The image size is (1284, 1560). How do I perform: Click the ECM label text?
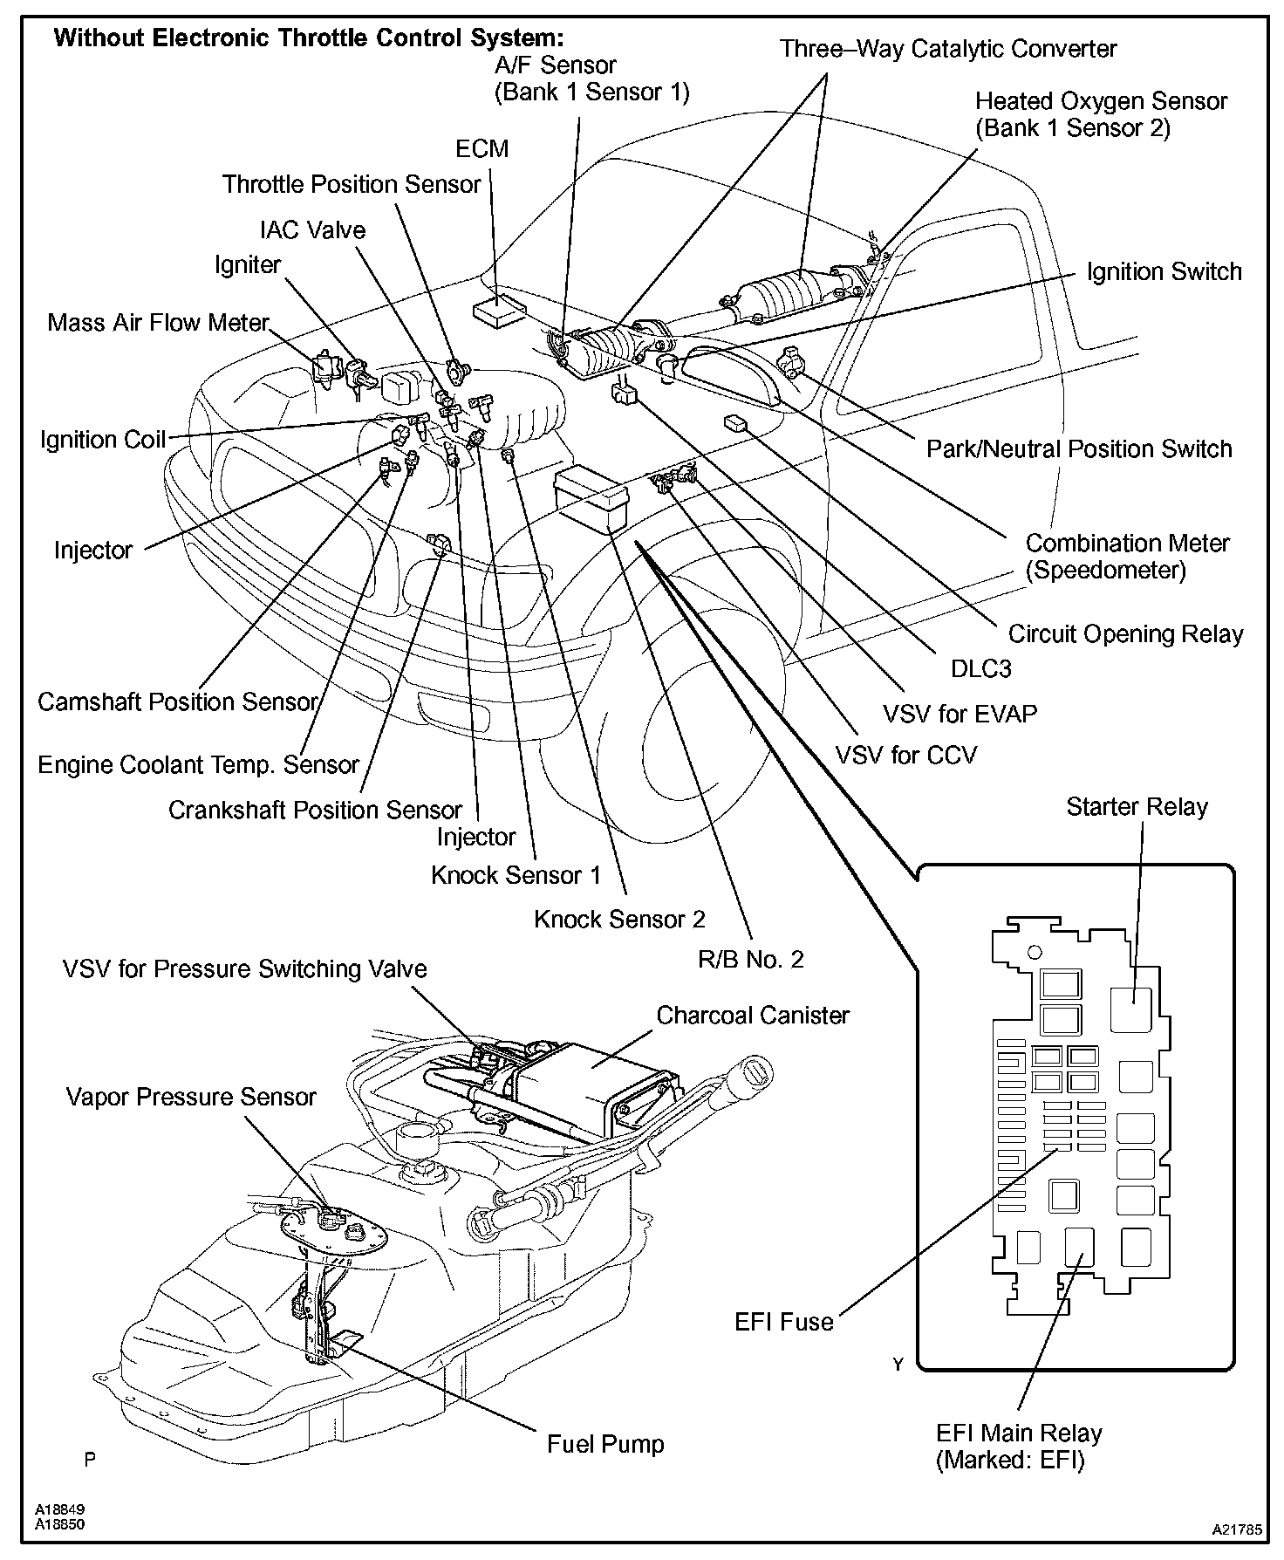click(481, 148)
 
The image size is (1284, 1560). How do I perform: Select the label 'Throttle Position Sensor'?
click(351, 184)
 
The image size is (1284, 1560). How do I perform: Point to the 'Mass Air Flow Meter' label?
click(158, 322)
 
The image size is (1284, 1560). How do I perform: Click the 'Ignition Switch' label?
click(1164, 271)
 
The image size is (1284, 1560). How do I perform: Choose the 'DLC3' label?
click(981, 668)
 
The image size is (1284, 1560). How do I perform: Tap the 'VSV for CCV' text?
click(906, 755)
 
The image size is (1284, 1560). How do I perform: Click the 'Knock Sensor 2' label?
click(619, 919)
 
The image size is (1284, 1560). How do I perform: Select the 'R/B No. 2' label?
click(750, 960)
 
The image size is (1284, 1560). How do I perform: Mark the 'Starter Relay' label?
click(1137, 806)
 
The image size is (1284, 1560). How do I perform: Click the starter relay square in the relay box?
click(1131, 1009)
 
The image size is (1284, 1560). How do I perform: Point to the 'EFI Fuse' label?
click(784, 1322)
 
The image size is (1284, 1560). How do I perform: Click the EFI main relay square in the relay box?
click(1080, 1247)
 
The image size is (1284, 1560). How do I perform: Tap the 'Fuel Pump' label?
click(605, 1444)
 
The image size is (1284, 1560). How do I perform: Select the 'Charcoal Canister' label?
click(753, 1016)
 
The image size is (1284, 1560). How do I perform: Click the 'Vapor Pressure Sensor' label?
click(191, 1097)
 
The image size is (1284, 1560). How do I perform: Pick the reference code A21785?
click(1236, 1529)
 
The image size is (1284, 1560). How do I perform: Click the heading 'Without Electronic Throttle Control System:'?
click(310, 38)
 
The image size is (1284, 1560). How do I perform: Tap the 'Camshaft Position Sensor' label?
click(178, 701)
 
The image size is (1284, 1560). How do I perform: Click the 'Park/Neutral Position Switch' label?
click(1079, 448)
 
